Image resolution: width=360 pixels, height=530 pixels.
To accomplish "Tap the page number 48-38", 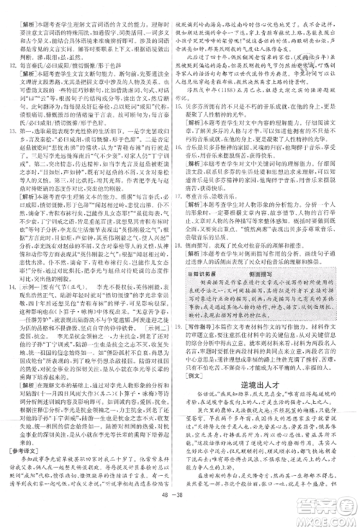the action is tap(179, 515).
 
